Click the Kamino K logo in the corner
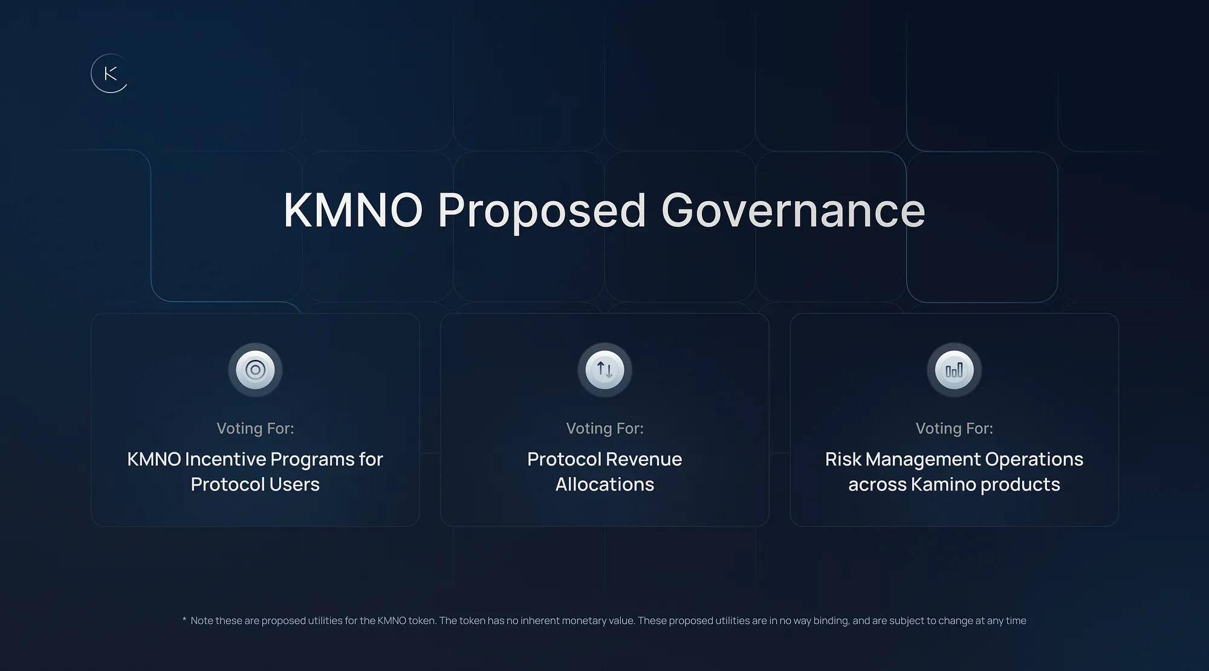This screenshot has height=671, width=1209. pyautogui.click(x=109, y=74)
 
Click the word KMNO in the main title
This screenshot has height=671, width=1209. pyautogui.click(x=353, y=210)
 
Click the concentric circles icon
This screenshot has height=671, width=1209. pyautogui.click(x=255, y=370)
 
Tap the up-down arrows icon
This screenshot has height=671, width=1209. pyautogui.click(x=604, y=370)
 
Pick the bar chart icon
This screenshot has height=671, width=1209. pyautogui.click(x=954, y=370)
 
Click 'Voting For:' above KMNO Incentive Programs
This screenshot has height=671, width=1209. pyautogui.click(x=255, y=428)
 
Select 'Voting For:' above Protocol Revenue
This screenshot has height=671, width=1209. pyautogui.click(x=604, y=428)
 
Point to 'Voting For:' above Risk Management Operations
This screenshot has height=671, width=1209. pyautogui.click(x=954, y=428)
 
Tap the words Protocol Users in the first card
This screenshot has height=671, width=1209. pyautogui.click(x=255, y=484)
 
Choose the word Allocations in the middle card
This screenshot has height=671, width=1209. pyautogui.click(x=604, y=484)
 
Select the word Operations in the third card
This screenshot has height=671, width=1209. pyautogui.click(x=1034, y=460)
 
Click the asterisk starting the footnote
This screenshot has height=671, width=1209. pyautogui.click(x=184, y=619)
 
